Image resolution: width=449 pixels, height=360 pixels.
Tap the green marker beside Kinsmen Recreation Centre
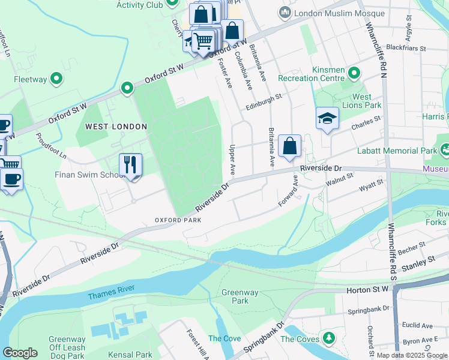click(x=354, y=74)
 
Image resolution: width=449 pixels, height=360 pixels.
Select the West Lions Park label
click(x=366, y=101)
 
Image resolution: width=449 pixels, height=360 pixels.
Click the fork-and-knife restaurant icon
click(x=130, y=164)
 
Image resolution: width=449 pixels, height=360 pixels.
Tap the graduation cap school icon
click(x=328, y=118)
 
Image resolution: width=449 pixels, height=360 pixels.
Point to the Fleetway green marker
click(x=56, y=78)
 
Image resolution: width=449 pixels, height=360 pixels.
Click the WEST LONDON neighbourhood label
click(x=116, y=127)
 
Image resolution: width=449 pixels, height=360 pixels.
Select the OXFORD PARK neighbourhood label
click(x=177, y=220)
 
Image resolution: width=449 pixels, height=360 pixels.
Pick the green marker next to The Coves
click(x=328, y=339)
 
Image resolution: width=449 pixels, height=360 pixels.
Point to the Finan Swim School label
click(x=89, y=175)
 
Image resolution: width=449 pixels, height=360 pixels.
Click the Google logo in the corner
click(x=20, y=352)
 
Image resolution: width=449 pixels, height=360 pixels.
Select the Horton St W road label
click(x=367, y=290)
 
